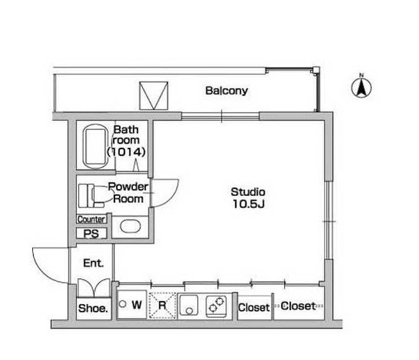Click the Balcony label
click(226, 91)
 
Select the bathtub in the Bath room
click(96, 146)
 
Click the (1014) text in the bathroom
click(126, 152)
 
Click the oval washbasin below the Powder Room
click(130, 226)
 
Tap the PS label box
click(91, 234)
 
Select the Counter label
click(91, 219)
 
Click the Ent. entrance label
click(93, 263)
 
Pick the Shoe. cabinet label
click(93, 309)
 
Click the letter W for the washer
click(137, 305)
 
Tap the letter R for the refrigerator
click(162, 305)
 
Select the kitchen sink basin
click(188, 305)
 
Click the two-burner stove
click(216, 306)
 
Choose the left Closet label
click(254, 307)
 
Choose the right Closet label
click(298, 306)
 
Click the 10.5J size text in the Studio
click(249, 204)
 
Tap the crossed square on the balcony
click(154, 96)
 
